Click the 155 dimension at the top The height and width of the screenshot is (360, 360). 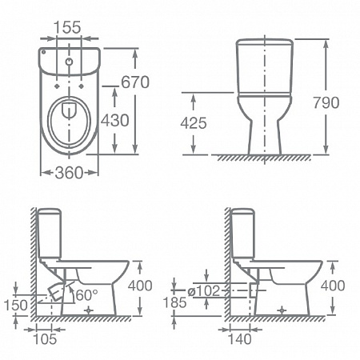pos(67,27)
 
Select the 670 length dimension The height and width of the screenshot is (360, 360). pos(135,82)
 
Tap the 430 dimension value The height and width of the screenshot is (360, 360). pos(115,120)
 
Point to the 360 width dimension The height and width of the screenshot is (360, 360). pos(69,173)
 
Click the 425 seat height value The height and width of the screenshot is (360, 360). pos(194,123)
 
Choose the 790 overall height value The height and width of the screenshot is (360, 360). pos(326,102)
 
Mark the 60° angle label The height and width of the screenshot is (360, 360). pos(86,295)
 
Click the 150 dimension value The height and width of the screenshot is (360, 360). pos(16,305)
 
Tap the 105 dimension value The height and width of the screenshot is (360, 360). pos(45,339)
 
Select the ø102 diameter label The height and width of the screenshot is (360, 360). pos(204,290)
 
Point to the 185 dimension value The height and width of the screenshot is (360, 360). pos(174,302)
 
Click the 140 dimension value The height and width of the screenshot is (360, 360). pos(240,339)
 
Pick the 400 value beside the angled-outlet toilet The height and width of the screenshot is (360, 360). pos(140,286)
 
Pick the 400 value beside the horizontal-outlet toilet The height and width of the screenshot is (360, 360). pos(333,286)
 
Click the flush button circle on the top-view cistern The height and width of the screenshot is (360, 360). pos(69,62)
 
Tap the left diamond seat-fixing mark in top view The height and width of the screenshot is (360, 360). pos(57,86)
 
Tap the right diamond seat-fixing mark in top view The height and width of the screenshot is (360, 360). pos(82,86)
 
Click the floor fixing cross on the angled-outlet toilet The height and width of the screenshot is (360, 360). pos(89,310)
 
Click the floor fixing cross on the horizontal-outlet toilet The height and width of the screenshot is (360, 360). pos(282,310)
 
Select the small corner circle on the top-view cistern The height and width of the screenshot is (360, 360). pos(43,52)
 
